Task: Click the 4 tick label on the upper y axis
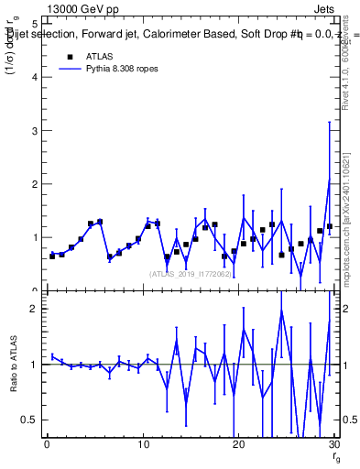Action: click(34, 77)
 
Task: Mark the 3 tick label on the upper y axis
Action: click(34, 130)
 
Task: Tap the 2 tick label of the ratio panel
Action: click(34, 310)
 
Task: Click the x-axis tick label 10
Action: click(142, 446)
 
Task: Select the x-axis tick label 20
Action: click(238, 446)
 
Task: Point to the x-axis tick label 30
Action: click(333, 446)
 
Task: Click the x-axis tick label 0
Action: click(47, 446)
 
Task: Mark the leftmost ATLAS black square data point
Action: click(52, 256)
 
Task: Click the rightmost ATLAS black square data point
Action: click(330, 226)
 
